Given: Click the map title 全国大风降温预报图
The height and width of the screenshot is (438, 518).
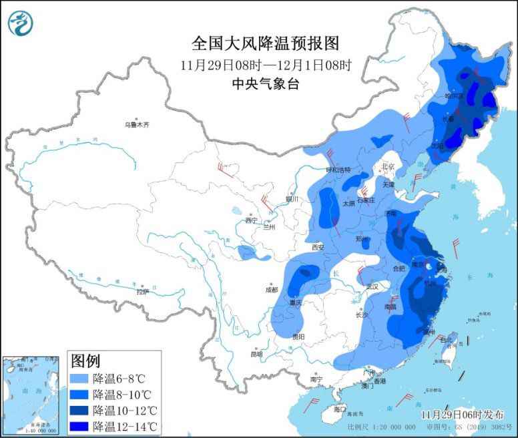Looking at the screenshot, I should pyautogui.click(x=266, y=43).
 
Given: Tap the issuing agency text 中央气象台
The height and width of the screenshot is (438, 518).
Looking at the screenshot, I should pyautogui.click(x=266, y=84).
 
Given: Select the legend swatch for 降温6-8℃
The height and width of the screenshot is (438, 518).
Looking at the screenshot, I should pyautogui.click(x=80, y=378).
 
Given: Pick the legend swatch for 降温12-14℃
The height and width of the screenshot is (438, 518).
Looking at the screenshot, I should pyautogui.click(x=80, y=426).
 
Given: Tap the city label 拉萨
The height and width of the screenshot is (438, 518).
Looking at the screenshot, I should pyautogui.click(x=142, y=292).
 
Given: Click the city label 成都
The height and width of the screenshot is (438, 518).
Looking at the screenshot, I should pyautogui.click(x=270, y=290).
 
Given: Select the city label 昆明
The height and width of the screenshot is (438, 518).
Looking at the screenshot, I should pyautogui.click(x=257, y=354).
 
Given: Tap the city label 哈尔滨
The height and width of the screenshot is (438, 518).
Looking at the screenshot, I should pyautogui.click(x=454, y=95).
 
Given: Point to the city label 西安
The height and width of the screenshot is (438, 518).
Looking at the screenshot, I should pyautogui.click(x=318, y=247).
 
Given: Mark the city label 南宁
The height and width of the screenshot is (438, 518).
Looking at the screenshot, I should pyautogui.click(x=316, y=379).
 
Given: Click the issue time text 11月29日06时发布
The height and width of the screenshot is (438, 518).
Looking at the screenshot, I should pyautogui.click(x=460, y=415).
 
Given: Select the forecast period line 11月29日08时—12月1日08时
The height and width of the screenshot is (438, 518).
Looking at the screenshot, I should pyautogui.click(x=266, y=65).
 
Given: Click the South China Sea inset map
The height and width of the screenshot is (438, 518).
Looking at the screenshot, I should pyautogui.click(x=32, y=394).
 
